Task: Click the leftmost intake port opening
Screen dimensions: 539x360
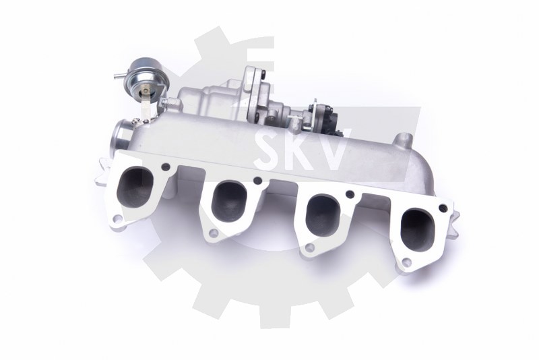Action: point(135,187)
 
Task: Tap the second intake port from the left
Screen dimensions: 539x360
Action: point(229,202)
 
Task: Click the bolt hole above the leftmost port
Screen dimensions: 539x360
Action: point(166,167)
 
